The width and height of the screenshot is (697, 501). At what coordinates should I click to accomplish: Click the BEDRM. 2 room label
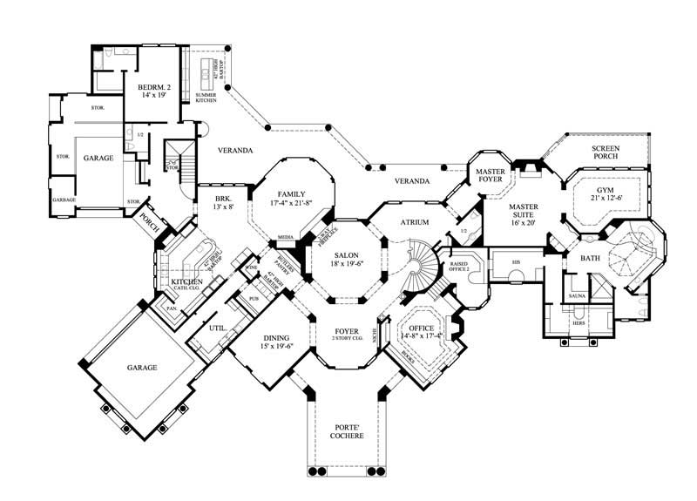click(x=140, y=87)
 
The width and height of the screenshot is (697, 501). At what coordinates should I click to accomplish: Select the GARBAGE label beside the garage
click(x=64, y=200)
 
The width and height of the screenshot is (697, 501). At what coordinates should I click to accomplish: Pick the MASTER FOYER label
click(x=491, y=176)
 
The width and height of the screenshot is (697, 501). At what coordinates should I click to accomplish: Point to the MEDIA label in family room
click(x=285, y=236)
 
